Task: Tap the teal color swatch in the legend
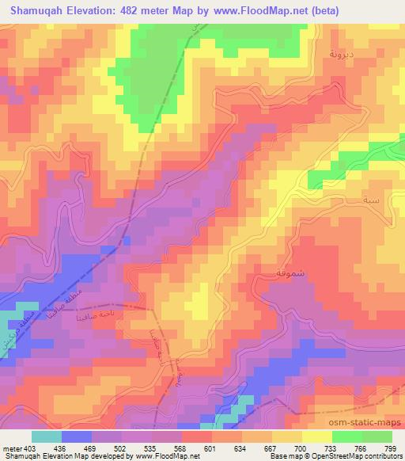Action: [47, 436]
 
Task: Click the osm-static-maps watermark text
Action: [361, 424]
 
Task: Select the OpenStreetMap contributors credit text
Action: [349, 456]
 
